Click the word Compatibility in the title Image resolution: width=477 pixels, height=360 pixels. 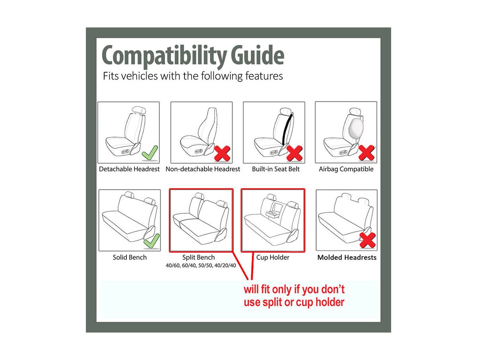[x=164, y=56]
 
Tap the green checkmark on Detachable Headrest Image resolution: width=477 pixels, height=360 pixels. [x=150, y=153]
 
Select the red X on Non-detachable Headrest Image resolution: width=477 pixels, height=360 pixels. [x=222, y=153]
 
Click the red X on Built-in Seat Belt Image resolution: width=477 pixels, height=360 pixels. [x=295, y=153]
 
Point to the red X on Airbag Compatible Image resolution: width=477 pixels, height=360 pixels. [x=366, y=153]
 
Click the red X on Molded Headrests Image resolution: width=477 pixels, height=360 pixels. [x=367, y=240]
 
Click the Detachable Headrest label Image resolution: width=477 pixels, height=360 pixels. [x=129, y=169]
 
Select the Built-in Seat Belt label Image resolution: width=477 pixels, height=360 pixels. [x=275, y=169]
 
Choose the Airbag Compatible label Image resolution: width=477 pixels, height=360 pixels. [x=346, y=169]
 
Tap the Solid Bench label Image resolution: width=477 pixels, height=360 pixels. [x=130, y=257]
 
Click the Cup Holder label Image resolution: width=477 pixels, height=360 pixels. [x=273, y=257]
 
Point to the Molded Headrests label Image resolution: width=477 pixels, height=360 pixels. [x=347, y=257]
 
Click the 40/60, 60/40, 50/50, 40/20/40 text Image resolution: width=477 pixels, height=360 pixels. [x=201, y=265]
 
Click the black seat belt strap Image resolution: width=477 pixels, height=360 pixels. [x=287, y=129]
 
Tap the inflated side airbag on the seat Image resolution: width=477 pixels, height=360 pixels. [x=356, y=130]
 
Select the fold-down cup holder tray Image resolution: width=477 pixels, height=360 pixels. [x=273, y=214]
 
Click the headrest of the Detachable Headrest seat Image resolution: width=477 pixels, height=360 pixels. [x=138, y=110]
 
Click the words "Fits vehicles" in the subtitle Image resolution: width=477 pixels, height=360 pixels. [x=130, y=76]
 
